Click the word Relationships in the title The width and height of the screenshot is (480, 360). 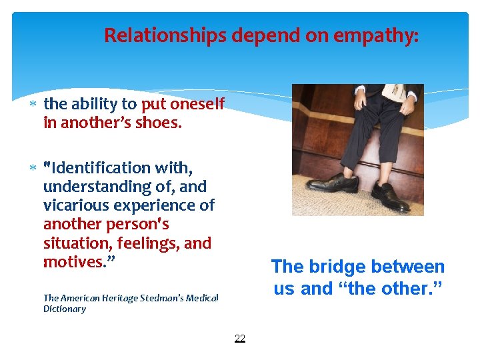point(165,35)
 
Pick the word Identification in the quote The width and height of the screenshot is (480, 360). point(99,167)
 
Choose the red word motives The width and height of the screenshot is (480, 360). point(75,262)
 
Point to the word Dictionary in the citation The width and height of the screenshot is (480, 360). point(65,309)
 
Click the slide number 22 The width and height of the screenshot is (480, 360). point(240,339)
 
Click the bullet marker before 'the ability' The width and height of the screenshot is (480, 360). point(33,105)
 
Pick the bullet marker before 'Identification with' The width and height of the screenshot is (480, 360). point(33,168)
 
